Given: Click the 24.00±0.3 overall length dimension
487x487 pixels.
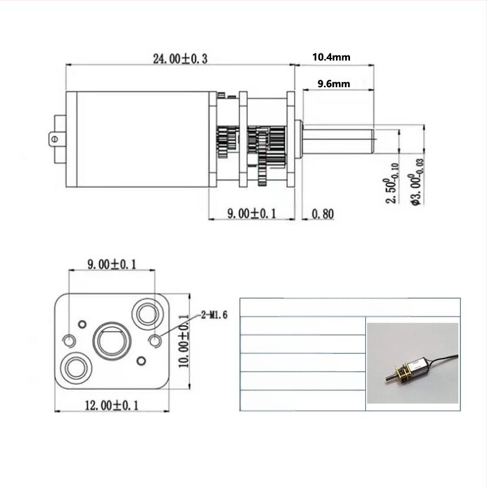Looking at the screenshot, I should [180, 59].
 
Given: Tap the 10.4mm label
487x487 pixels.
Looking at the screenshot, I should [331, 58].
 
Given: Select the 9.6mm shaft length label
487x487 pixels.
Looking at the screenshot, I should [334, 84].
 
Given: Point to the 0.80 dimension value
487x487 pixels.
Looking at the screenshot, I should [321, 214].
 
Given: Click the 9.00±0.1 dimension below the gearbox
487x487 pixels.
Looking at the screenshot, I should [251, 214].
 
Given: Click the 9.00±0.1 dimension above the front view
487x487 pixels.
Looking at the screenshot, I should [112, 264].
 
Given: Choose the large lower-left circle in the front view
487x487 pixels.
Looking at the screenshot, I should [77, 367].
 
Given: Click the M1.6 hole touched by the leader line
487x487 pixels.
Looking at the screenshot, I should [155, 340].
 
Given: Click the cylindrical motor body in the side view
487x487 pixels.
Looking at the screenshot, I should [140, 139].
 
